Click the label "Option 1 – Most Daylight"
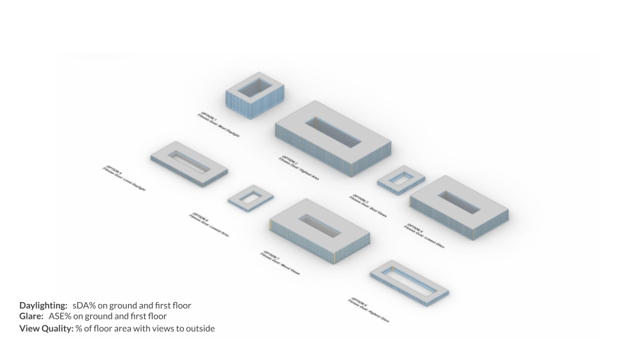coord(218,125)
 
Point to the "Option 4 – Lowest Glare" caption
coord(424,236)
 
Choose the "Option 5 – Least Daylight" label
coord(124,178)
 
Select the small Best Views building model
coord(401,179)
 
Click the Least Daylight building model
coord(189,163)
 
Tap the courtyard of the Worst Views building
coord(319,227)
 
